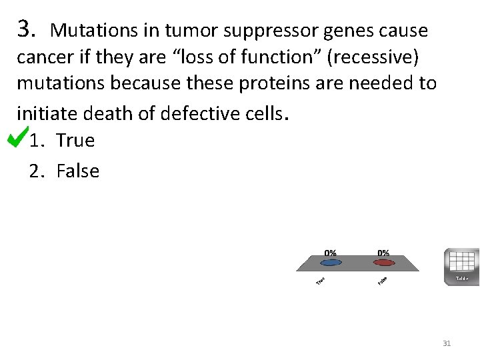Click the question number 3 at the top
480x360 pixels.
pos(25,29)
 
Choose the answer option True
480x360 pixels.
pos(75,141)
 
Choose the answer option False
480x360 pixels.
pos(78,171)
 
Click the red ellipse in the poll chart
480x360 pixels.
pos(383,263)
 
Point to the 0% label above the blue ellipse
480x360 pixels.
pos(330,253)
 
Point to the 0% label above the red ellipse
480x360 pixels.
pos(383,253)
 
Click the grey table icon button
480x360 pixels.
pos(461,267)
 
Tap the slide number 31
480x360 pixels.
pos(447,343)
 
